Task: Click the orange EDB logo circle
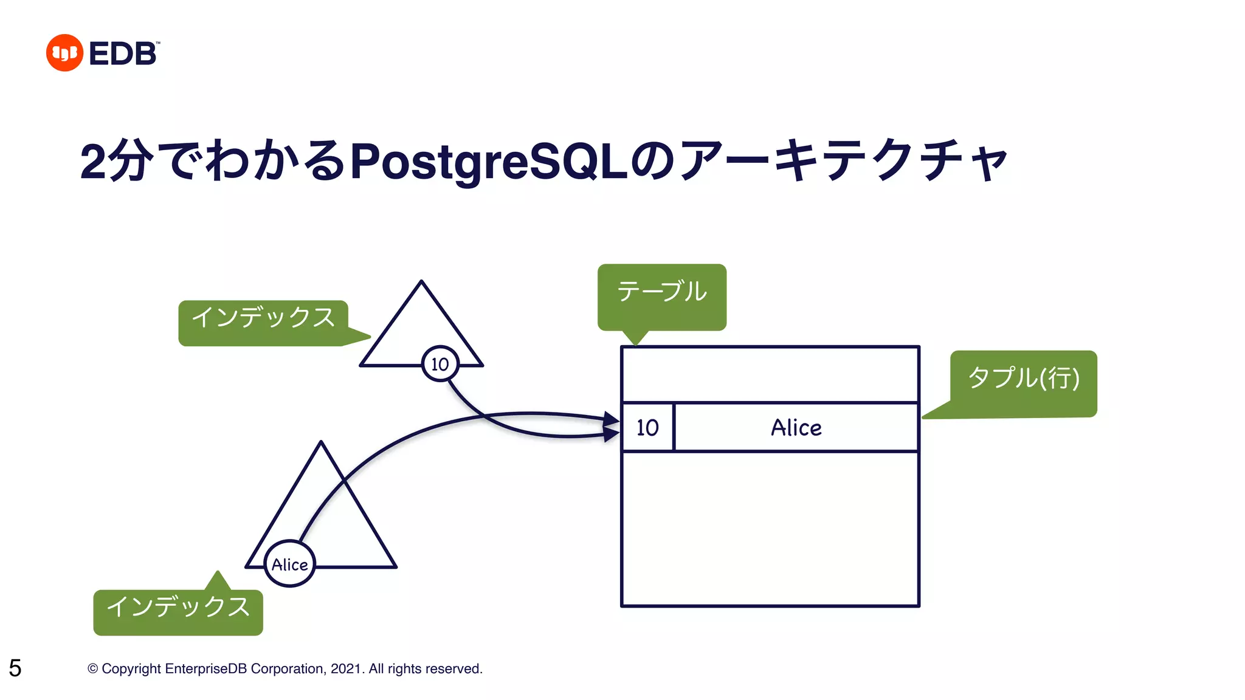(64, 53)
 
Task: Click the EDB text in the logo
(123, 53)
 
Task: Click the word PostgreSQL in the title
(489, 162)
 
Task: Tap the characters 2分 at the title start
(116, 160)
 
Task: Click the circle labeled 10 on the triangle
(440, 364)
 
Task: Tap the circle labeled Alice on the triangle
(290, 564)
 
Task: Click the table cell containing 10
(647, 427)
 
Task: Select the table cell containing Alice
(796, 427)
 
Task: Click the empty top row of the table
(770, 374)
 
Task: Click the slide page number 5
(15, 668)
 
